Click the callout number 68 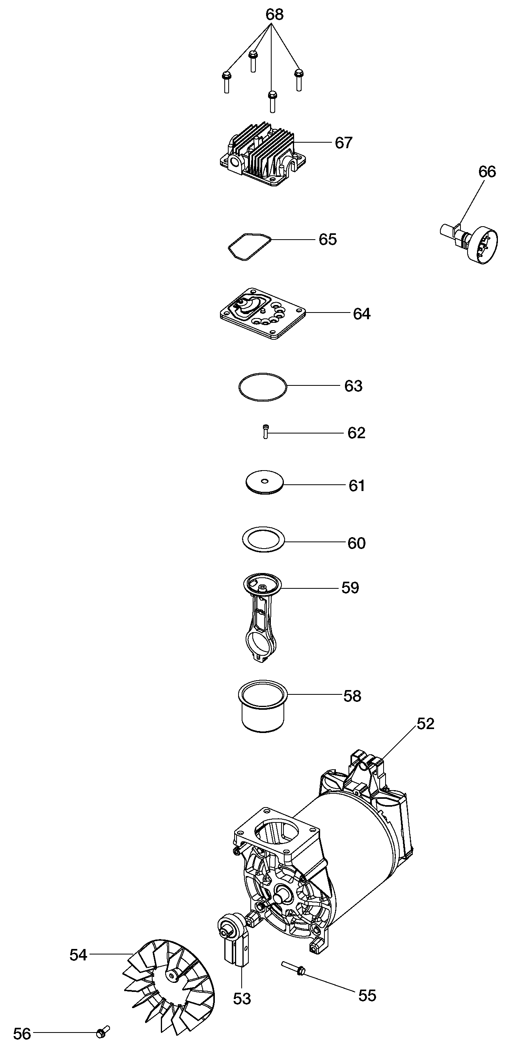click(274, 15)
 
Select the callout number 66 click(487, 172)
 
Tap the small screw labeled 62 click(265, 432)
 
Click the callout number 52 click(425, 724)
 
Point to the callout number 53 click(242, 999)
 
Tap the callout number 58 click(352, 696)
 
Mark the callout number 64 click(362, 314)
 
